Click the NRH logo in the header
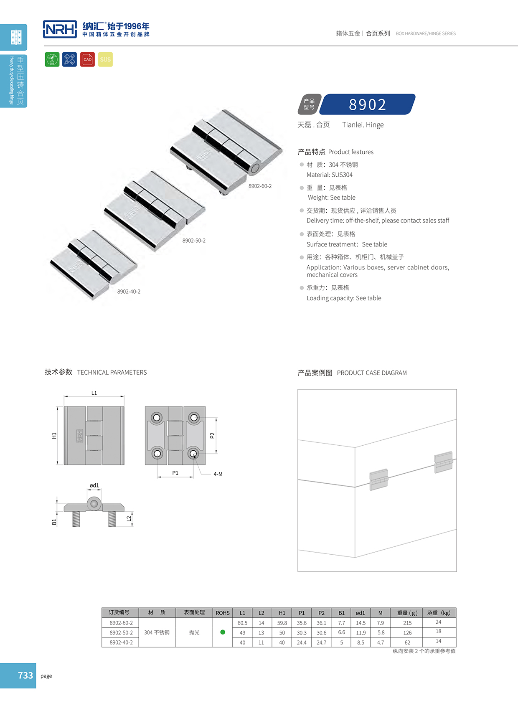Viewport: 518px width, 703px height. [x=60, y=29]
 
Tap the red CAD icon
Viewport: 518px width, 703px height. [x=87, y=59]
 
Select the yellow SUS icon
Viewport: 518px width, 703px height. [x=105, y=59]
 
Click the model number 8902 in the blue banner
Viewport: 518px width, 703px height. [x=367, y=104]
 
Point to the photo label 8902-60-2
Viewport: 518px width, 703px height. [x=260, y=186]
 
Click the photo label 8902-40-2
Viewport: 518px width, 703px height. [x=129, y=292]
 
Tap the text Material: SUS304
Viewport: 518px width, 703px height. [x=329, y=175]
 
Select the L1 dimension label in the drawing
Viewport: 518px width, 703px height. [x=94, y=393]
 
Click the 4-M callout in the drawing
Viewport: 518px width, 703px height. [x=218, y=474]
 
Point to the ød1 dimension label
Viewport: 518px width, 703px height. [x=94, y=485]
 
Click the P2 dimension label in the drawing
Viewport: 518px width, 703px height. [x=212, y=436]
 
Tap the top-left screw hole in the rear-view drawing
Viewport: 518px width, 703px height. [x=157, y=417]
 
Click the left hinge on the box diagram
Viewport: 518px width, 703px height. [x=379, y=480]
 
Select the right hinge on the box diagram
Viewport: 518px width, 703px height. [x=443, y=462]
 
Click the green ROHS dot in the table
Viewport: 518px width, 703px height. [x=223, y=632]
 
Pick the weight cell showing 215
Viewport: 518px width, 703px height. [x=407, y=623]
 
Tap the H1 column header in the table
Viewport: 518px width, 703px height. [x=282, y=613]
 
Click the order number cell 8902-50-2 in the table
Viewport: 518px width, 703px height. [x=121, y=632]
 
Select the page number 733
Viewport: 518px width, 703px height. [x=25, y=675]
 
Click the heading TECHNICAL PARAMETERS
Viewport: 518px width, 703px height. [x=112, y=372]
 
